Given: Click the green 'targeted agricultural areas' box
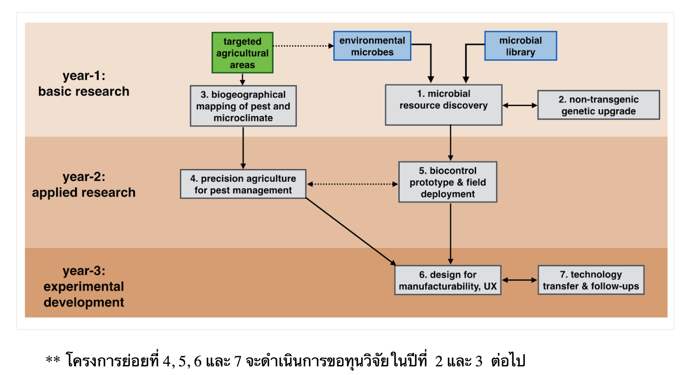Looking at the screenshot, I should click(242, 53).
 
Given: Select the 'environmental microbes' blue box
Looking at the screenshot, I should click(372, 46).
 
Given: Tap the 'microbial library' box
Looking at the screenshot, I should click(520, 46).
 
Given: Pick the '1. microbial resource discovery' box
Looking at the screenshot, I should click(443, 105).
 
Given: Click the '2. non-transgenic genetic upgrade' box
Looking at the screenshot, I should click(598, 105).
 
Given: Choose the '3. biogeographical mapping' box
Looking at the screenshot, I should click(243, 106).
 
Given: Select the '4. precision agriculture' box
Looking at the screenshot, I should click(243, 184).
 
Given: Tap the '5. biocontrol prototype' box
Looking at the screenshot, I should click(448, 182).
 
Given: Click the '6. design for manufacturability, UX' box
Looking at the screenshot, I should click(448, 280).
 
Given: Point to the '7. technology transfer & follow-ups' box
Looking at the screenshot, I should click(591, 280).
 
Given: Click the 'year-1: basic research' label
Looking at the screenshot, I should click(84, 84).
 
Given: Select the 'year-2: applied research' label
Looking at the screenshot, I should click(84, 184).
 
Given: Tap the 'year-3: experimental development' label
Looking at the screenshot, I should click(84, 286).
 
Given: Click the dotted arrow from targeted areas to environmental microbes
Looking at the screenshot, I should click(303, 46).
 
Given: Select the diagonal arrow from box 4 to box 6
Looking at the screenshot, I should click(350, 231).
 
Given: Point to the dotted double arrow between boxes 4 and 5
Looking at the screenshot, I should click(352, 184).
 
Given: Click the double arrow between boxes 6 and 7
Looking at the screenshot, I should click(520, 280).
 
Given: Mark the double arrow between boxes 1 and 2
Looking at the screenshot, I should click(520, 105).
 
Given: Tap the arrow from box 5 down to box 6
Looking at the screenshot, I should click(451, 233).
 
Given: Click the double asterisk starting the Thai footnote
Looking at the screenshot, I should click(53, 359).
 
